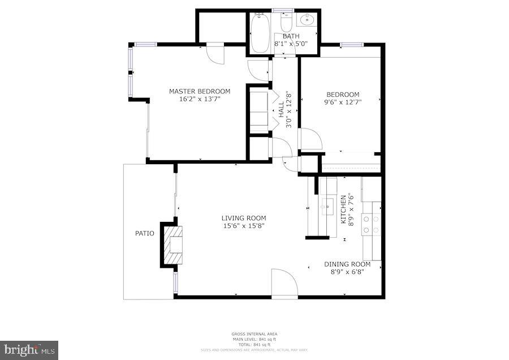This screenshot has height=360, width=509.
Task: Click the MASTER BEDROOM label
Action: pos(200,91)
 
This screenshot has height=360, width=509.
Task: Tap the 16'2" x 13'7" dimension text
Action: pos(200,99)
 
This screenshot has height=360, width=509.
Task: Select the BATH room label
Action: pos(291,36)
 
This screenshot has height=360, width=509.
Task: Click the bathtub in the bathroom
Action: pos(261,34)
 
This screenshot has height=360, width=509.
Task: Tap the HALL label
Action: pos(281,109)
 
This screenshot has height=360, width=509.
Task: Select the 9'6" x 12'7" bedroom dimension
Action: pos(342,102)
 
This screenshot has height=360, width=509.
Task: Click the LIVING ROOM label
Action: pos(243,218)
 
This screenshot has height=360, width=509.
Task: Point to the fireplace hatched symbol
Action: pos(176,244)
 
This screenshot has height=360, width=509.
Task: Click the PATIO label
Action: pos(144,233)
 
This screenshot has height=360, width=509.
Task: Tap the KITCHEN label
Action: pos(343,209)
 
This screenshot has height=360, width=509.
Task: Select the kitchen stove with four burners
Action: pos(371,224)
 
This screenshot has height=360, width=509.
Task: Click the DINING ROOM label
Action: pos(347,264)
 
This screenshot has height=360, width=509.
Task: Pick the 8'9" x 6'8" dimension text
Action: pos(347,272)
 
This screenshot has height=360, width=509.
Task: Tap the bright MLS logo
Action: pos(29,350)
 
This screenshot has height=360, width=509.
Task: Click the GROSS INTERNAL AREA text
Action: pos(254,334)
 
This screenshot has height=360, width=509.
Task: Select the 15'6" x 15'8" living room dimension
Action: pos(243,226)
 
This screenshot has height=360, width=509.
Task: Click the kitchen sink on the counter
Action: pos(327,204)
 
